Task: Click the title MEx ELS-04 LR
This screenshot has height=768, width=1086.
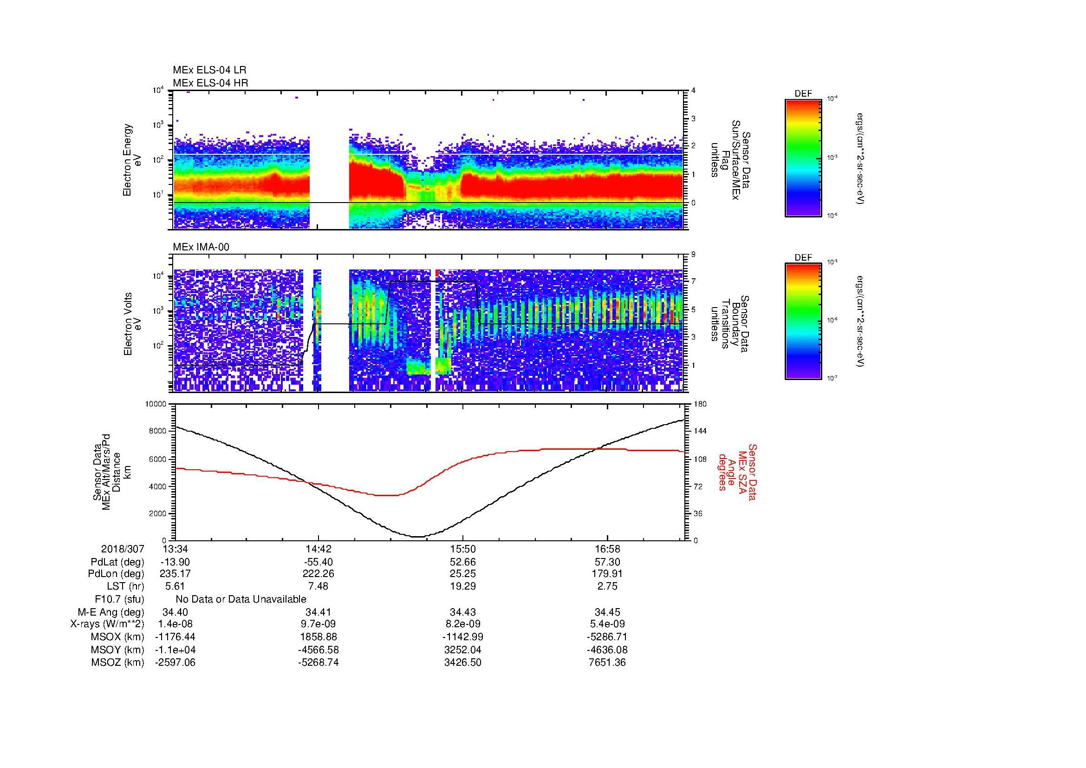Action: click(x=209, y=70)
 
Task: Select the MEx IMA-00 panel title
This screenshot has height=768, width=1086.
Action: click(x=201, y=247)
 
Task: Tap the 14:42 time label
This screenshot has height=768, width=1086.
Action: click(x=319, y=549)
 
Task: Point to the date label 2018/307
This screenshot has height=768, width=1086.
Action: click(x=123, y=549)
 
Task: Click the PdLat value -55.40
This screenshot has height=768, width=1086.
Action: click(x=319, y=562)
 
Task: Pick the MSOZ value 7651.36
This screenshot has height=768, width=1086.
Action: click(x=607, y=663)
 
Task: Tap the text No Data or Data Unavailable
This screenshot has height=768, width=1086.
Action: click(x=241, y=599)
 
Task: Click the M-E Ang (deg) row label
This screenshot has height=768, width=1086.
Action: click(x=111, y=612)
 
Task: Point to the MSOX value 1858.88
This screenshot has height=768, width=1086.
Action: click(x=319, y=637)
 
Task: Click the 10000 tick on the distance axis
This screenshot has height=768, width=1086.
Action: click(x=156, y=404)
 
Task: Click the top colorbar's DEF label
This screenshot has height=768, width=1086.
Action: click(x=803, y=94)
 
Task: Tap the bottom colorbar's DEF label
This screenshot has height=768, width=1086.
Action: click(x=803, y=258)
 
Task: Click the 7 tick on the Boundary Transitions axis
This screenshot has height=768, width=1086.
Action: click(x=694, y=282)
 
